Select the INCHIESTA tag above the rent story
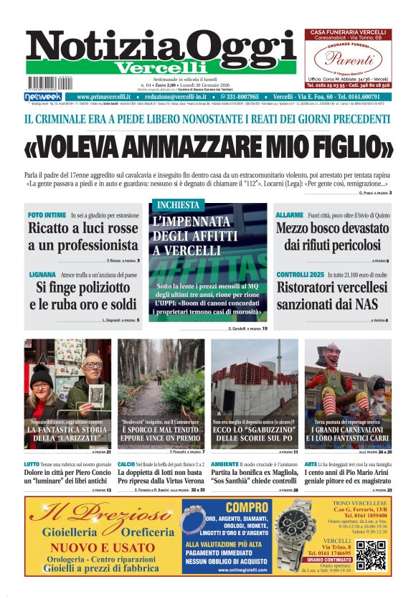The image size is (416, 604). click(x=177, y=204)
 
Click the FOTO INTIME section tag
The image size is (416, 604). click(x=47, y=214)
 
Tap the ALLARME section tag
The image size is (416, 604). click(x=290, y=214)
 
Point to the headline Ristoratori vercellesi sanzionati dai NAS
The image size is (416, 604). click(x=333, y=296)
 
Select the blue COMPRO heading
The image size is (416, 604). click(x=226, y=507)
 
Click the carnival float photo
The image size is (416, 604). click(x=348, y=392)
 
